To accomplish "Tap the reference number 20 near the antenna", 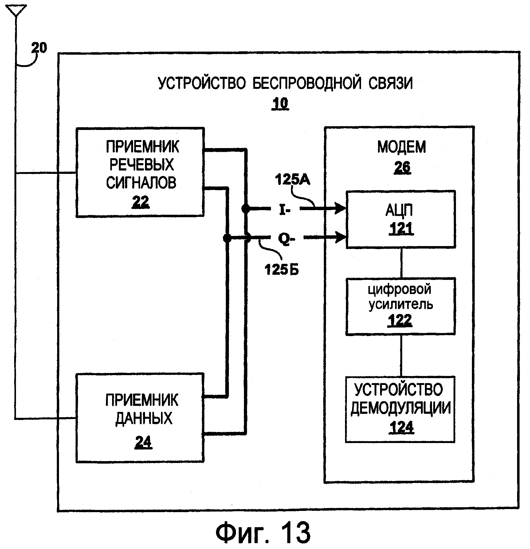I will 39,48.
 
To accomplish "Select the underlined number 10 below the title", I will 280,104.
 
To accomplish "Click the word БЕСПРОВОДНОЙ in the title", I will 307,84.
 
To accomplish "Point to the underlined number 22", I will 141,202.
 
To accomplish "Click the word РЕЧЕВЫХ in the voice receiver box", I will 141,165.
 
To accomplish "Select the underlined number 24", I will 143,443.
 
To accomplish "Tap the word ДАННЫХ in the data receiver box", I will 144,418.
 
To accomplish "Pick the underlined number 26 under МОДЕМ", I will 402,168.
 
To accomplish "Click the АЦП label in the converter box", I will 399,210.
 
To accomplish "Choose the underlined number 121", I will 401,229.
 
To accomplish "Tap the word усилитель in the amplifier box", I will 401,304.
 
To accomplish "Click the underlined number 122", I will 400,320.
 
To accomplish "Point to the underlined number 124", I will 402,427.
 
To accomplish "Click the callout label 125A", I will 292,180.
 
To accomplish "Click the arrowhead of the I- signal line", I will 341,209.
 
